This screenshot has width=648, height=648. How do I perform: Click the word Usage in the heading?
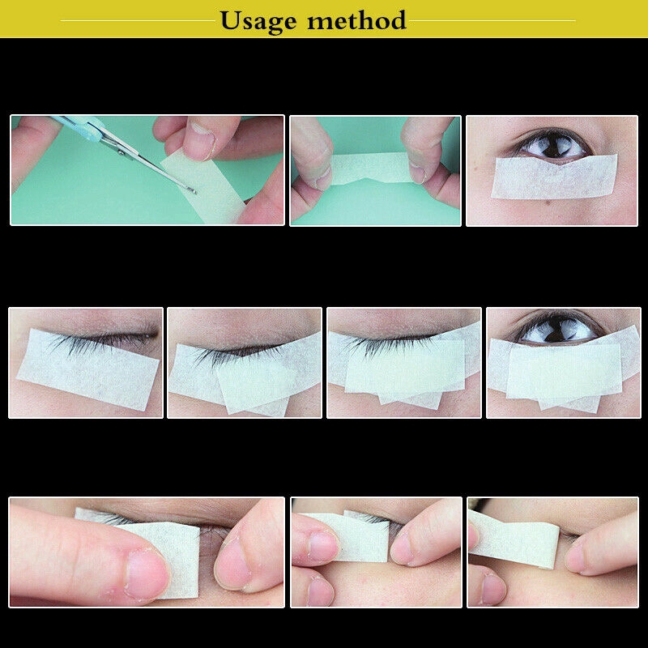click(258, 22)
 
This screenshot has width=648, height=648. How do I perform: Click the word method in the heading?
click(356, 19)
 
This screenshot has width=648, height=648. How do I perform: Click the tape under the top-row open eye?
click(554, 177)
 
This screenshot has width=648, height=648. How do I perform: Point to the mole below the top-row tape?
click(549, 202)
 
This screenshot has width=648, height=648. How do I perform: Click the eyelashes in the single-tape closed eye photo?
click(104, 341)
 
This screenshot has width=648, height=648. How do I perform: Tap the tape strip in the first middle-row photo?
click(87, 369)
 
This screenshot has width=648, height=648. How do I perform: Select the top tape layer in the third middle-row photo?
click(405, 367)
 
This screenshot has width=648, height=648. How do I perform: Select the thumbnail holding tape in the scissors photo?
click(199, 139)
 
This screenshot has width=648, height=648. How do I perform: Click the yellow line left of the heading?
click(138, 20)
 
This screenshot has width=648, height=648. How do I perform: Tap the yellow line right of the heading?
click(492, 20)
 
